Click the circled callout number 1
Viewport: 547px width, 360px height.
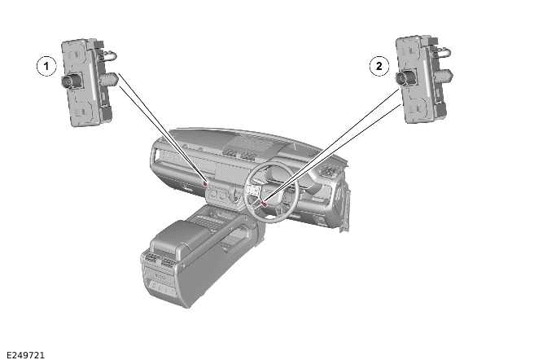47,65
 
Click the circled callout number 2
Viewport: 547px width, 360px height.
379,66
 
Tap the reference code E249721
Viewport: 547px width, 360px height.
25,354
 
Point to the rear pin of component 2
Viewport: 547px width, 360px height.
444,75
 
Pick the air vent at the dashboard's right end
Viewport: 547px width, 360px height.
330,172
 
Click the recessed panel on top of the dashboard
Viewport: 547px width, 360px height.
248,144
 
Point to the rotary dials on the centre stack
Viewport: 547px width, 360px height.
221,195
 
